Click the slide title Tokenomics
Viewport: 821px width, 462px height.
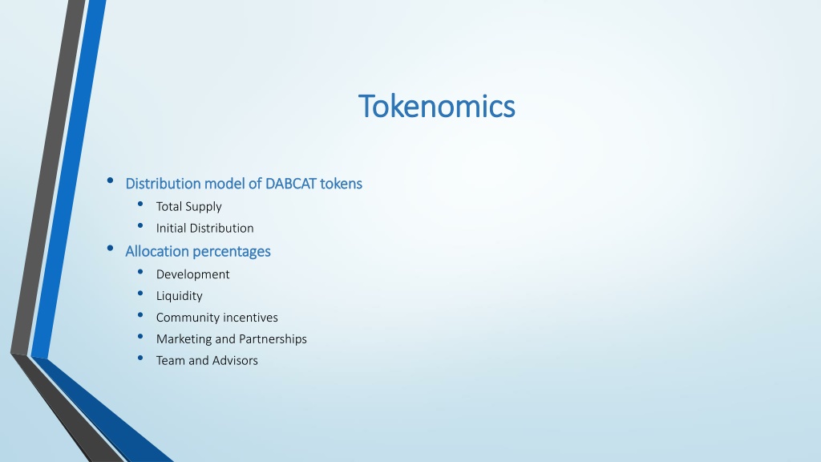[x=437, y=106]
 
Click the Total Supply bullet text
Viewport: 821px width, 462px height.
[x=188, y=207]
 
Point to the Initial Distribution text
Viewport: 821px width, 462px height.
[x=204, y=228]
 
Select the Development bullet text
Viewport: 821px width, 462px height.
[x=192, y=274]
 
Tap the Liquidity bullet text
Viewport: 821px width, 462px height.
[x=179, y=296]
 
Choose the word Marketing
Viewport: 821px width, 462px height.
[x=184, y=339]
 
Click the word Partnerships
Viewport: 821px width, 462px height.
[x=273, y=339]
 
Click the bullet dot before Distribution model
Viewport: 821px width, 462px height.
[x=110, y=180]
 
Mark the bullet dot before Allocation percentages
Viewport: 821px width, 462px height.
[x=110, y=249]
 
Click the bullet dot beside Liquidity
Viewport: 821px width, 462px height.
[x=140, y=294]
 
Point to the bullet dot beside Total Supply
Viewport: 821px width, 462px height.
[x=140, y=204]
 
